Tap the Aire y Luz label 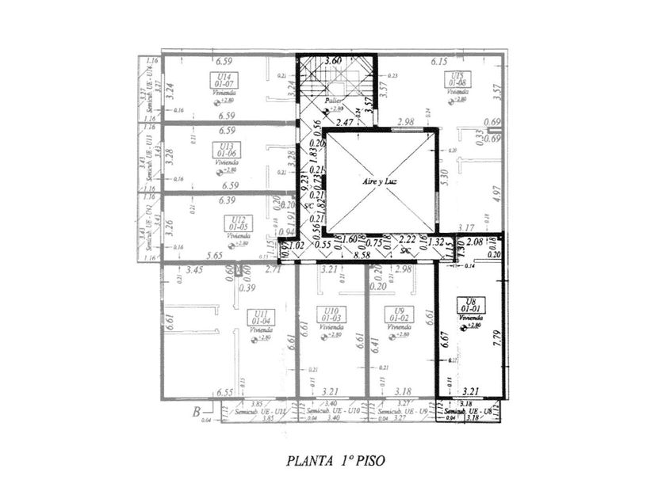(379, 182)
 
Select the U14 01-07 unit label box (223, 79)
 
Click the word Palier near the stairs (343, 101)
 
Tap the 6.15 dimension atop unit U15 (440, 61)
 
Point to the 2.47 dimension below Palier (343, 123)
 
